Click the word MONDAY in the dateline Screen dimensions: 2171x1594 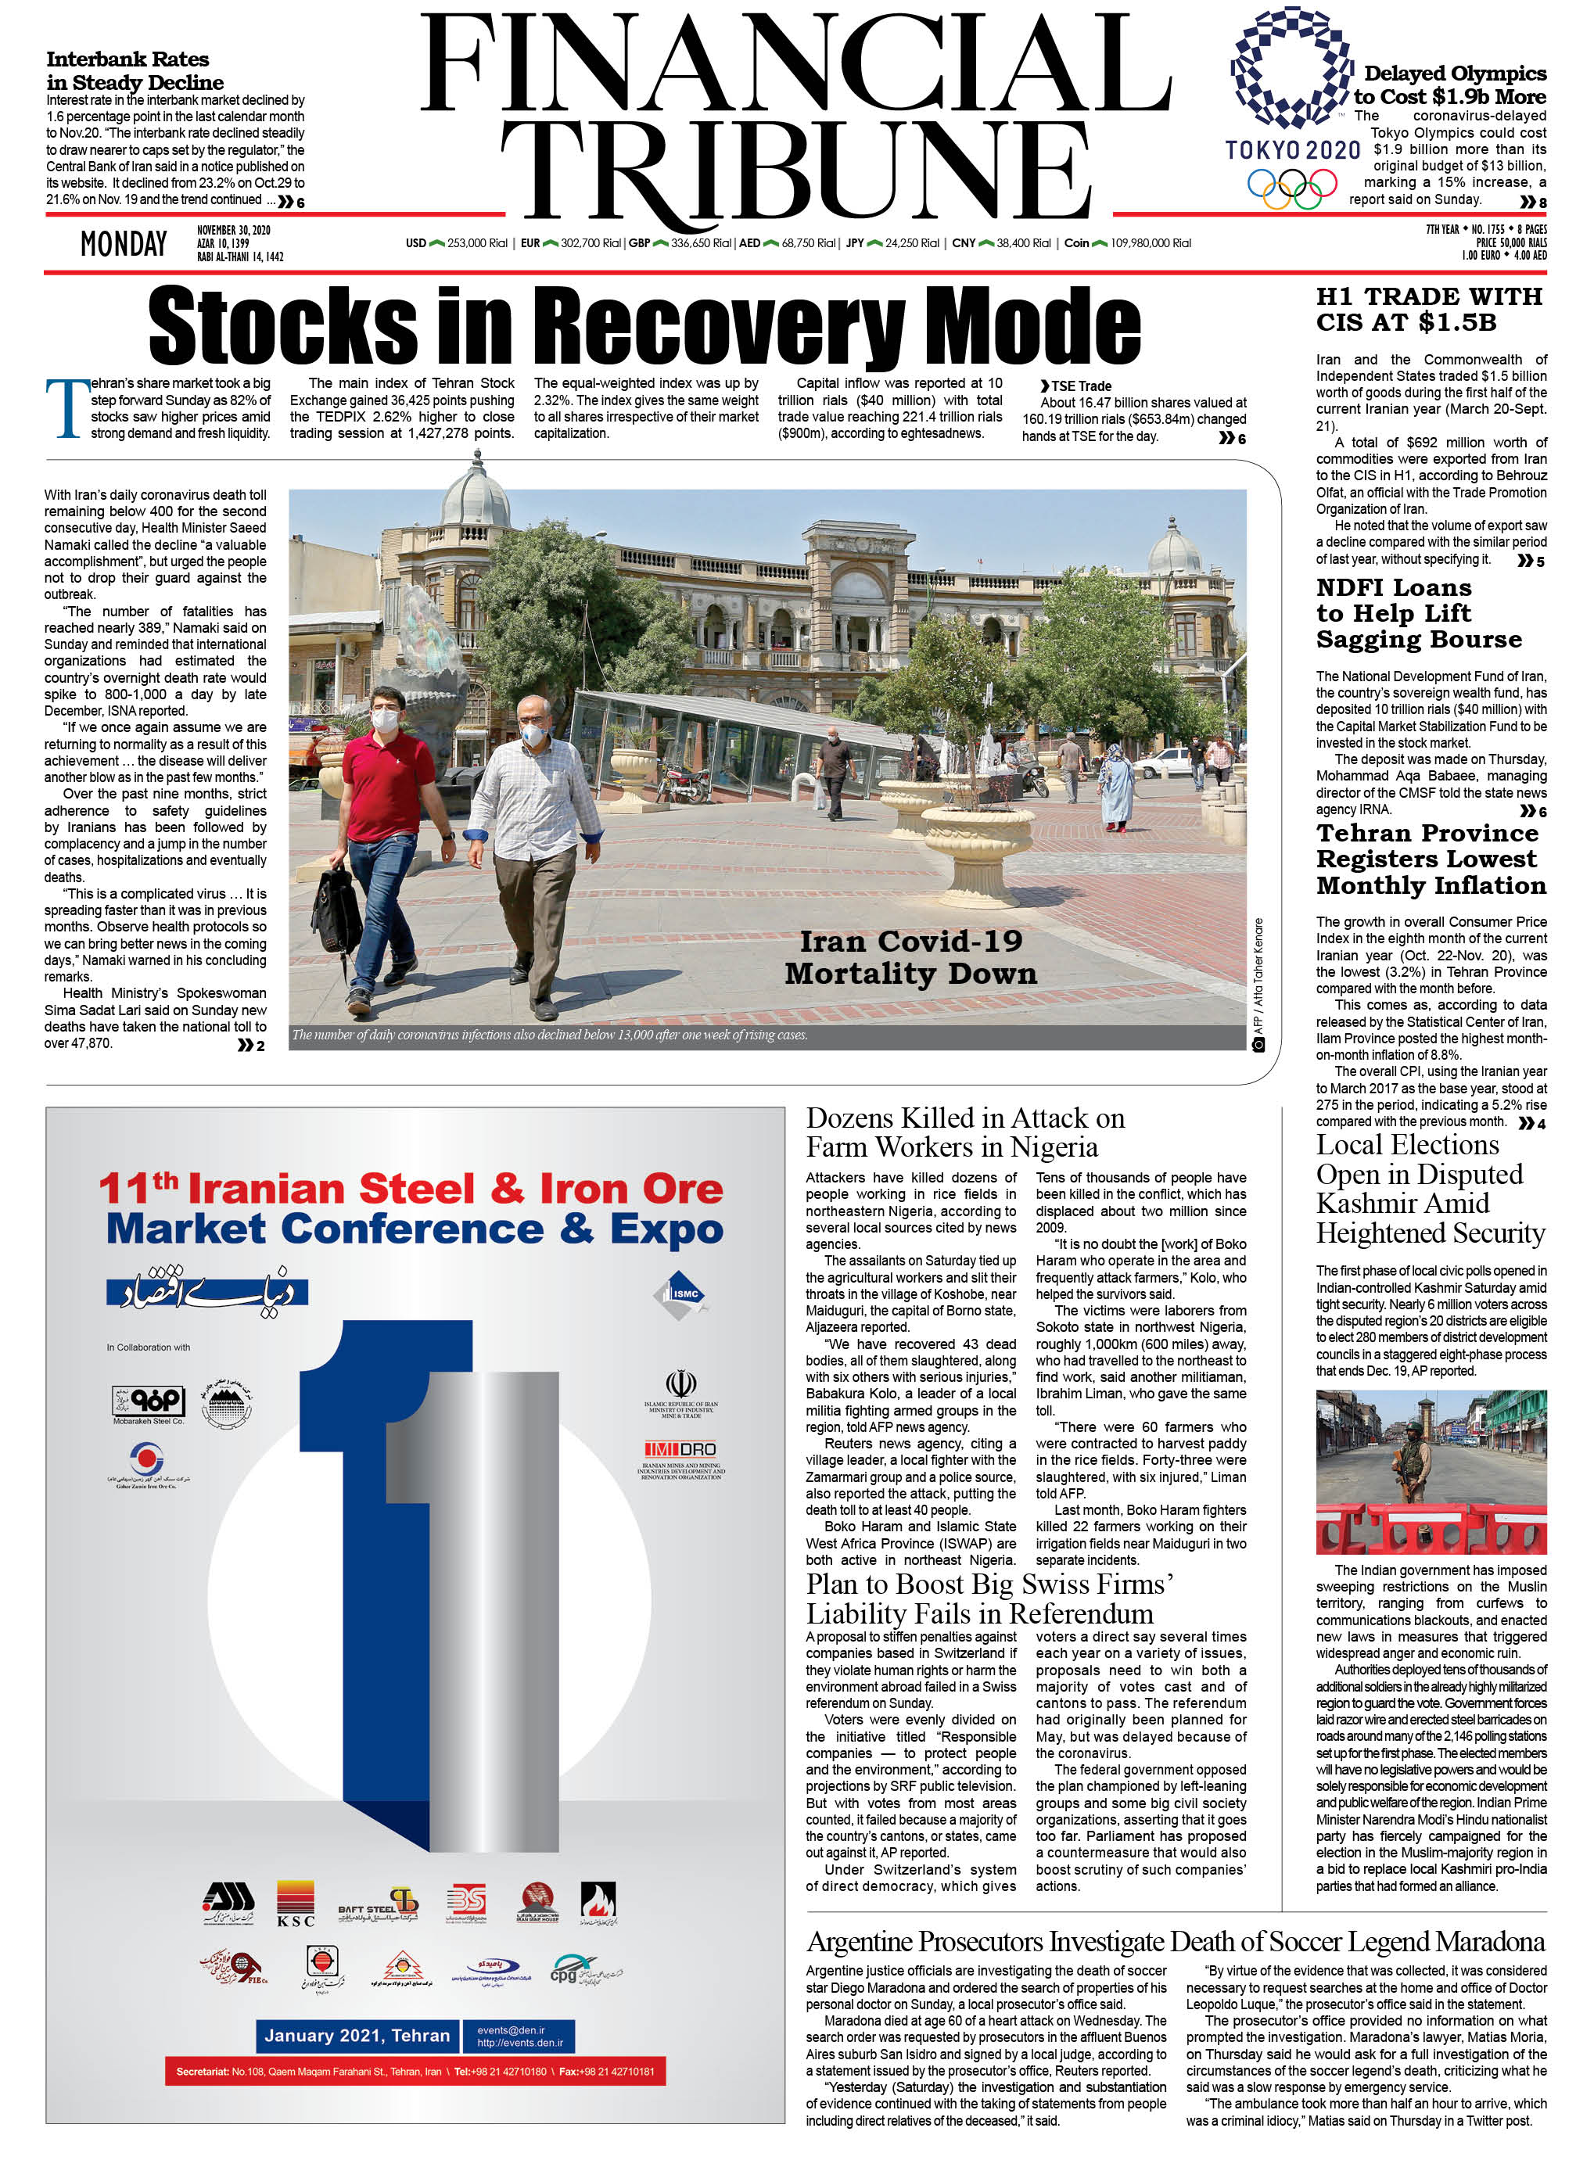coord(124,244)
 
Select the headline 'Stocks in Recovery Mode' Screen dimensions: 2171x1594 coord(644,326)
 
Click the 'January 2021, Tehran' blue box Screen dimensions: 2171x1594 coord(357,2035)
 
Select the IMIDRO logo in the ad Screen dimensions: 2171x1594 coord(680,1449)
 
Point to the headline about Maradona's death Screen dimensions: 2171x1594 coord(1176,1941)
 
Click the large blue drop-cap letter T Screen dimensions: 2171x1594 coord(66,409)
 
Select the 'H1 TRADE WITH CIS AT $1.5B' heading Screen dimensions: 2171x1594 coord(1429,309)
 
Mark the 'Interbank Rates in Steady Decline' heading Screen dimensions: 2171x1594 coord(135,70)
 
